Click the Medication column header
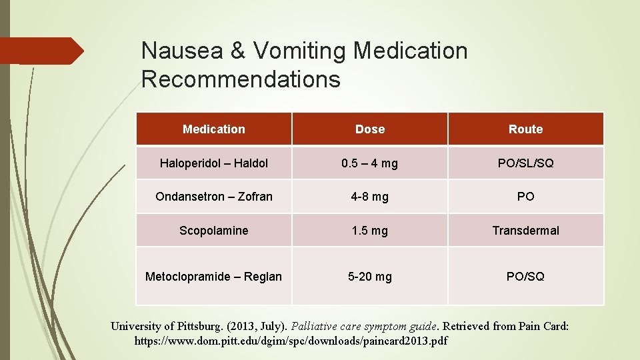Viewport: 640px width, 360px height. [x=214, y=129]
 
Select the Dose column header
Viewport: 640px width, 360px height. [x=370, y=129]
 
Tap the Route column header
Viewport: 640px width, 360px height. [x=525, y=129]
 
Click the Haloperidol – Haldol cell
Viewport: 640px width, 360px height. [x=214, y=163]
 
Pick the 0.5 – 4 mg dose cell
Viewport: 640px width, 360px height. [x=370, y=163]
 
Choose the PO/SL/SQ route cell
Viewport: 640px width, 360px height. [x=525, y=163]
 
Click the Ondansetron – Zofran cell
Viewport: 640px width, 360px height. [x=214, y=197]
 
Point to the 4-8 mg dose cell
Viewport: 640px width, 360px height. [x=370, y=197]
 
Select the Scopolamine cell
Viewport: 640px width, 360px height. [x=214, y=231]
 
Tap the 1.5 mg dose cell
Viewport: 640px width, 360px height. [x=370, y=231]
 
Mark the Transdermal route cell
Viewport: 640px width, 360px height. [x=525, y=231]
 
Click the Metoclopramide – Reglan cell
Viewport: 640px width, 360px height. [x=214, y=276]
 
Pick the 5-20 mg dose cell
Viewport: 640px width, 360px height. [x=370, y=276]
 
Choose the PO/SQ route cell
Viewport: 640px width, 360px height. [x=525, y=276]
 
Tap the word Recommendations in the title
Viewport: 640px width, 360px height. [x=241, y=79]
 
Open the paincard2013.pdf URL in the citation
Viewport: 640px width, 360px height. [x=291, y=341]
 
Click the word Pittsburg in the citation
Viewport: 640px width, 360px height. [x=201, y=326]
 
